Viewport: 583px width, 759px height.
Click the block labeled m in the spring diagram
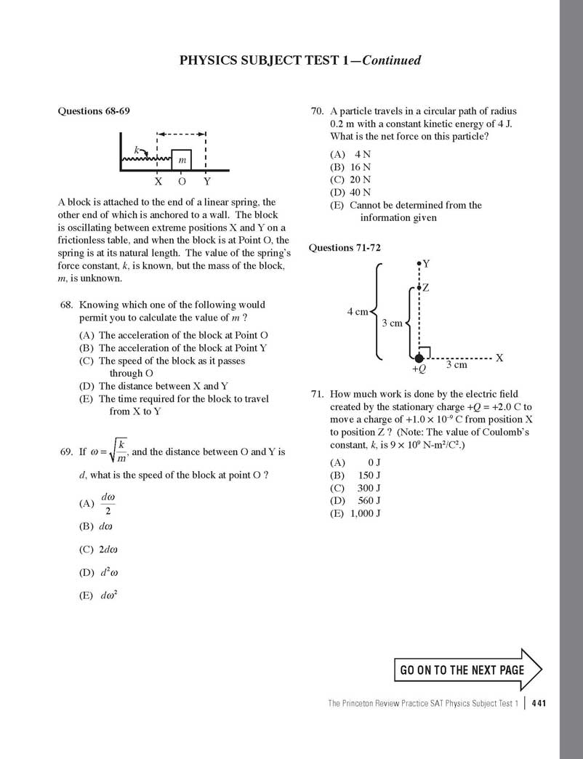pyautogui.click(x=182, y=159)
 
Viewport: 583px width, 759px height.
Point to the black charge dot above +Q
pyautogui.click(x=419, y=357)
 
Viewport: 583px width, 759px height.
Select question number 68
pyautogui.click(x=68, y=305)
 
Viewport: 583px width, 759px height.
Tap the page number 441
pyautogui.click(x=539, y=703)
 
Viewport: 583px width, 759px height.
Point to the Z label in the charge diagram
pyautogui.click(x=425, y=288)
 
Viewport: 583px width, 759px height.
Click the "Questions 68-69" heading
pyautogui.click(x=94, y=111)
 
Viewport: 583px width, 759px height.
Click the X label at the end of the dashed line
pyautogui.click(x=499, y=358)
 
